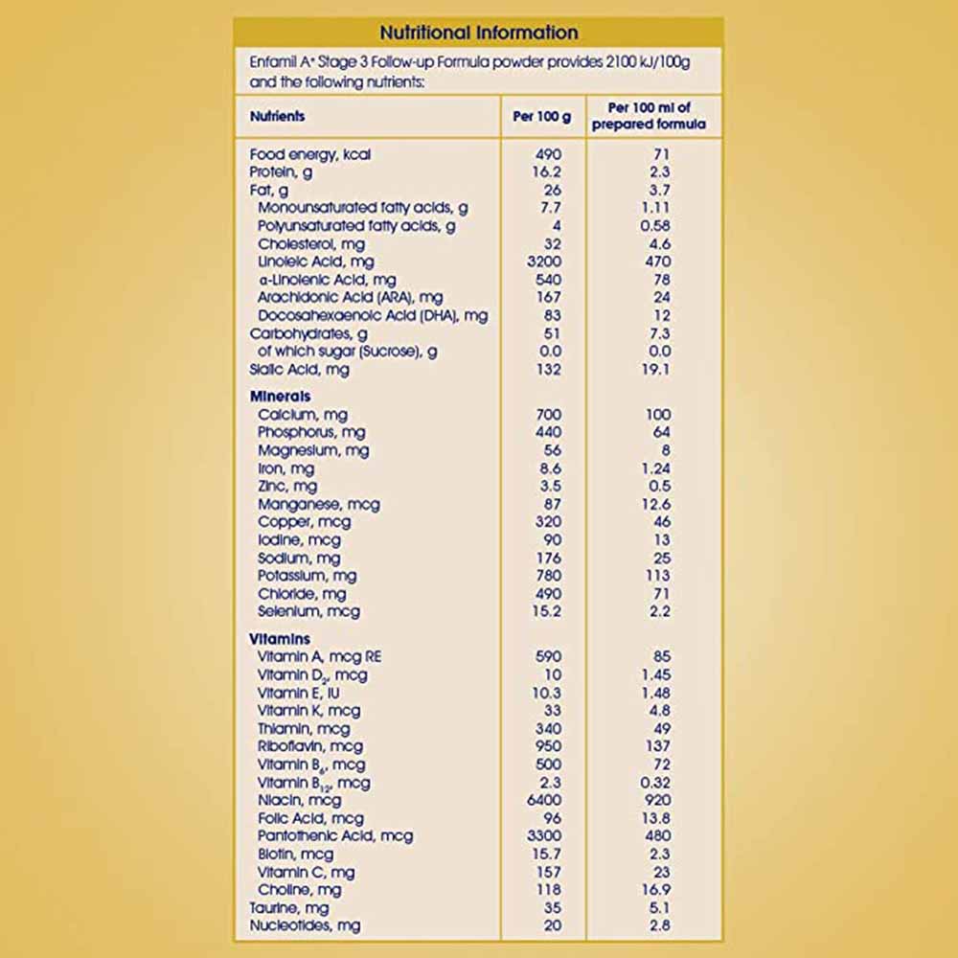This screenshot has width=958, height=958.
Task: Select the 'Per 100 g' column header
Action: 542,116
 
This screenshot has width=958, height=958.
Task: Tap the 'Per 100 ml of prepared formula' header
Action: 654,116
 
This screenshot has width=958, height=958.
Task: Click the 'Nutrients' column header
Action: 277,116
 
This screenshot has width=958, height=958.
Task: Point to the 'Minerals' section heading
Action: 280,397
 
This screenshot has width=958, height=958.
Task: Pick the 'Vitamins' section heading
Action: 280,639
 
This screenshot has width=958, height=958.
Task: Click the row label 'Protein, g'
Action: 281,172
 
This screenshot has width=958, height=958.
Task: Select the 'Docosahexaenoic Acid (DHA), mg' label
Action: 374,315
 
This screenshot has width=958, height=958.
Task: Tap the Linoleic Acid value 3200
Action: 542,262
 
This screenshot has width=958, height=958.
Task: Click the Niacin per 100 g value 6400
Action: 542,800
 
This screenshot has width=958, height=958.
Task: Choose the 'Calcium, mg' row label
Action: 302,415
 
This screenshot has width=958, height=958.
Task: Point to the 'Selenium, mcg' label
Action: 308,611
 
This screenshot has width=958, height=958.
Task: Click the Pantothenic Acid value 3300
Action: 542,836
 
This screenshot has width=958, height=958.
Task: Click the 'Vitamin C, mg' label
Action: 306,872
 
